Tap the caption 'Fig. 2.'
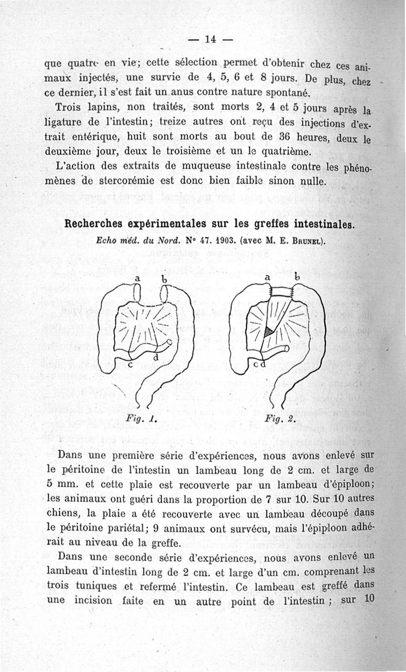tap(274, 419)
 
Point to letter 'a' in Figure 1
tap(137, 278)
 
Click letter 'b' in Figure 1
tap(164, 279)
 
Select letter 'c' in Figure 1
tap(130, 364)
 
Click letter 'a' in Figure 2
tap(267, 278)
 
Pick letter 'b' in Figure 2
tap(298, 278)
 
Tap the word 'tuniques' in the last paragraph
tap(110, 585)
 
